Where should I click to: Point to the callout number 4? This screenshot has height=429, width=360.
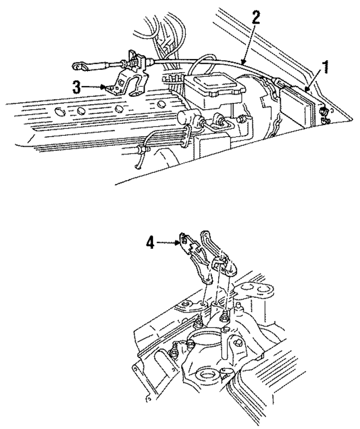click(x=149, y=243)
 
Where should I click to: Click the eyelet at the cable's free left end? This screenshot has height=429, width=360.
click(x=80, y=67)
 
